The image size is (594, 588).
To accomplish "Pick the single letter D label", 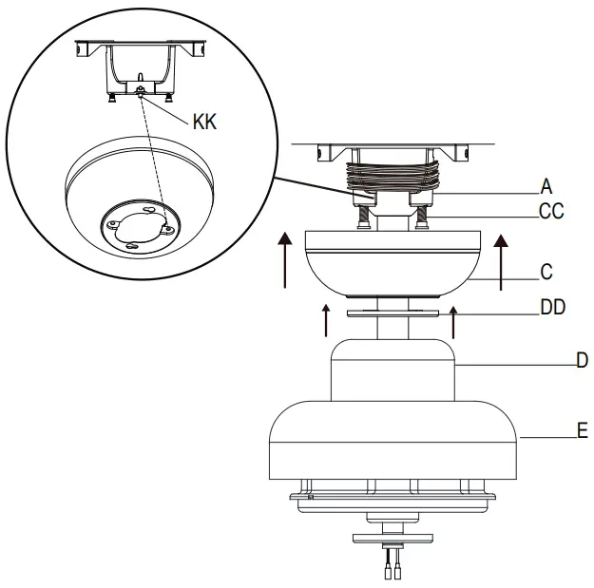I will [582, 360].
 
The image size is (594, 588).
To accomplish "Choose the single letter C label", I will [546, 272].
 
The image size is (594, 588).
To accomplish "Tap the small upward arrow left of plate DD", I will [326, 320].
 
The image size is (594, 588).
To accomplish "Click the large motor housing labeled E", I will [393, 442].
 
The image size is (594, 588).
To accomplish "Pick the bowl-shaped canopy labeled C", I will [392, 261].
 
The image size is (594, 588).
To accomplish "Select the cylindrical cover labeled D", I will [393, 370].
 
